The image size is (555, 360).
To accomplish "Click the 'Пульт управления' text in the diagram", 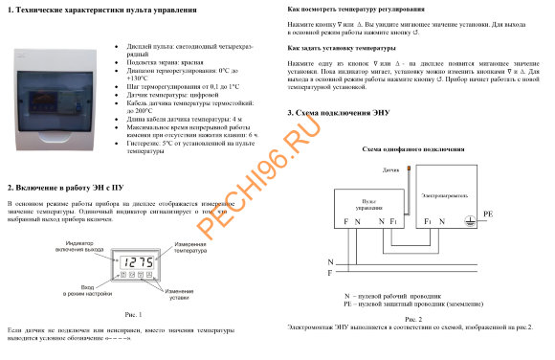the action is point(366,201).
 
